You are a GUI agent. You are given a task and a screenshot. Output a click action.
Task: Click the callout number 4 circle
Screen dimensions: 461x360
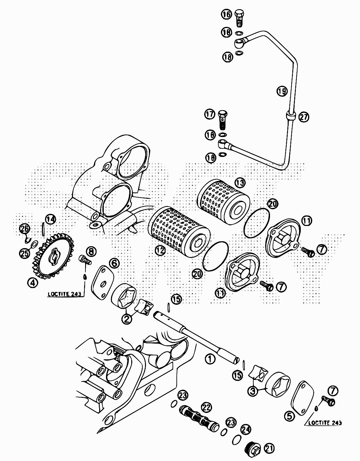[32, 282]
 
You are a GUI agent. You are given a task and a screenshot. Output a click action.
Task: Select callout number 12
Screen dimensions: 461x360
[160, 250]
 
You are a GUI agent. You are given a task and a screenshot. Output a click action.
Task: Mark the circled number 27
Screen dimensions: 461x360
[304, 117]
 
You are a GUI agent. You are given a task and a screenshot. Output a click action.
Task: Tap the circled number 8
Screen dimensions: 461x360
[92, 251]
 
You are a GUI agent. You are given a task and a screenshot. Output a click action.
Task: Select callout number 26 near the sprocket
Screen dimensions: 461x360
[25, 229]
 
